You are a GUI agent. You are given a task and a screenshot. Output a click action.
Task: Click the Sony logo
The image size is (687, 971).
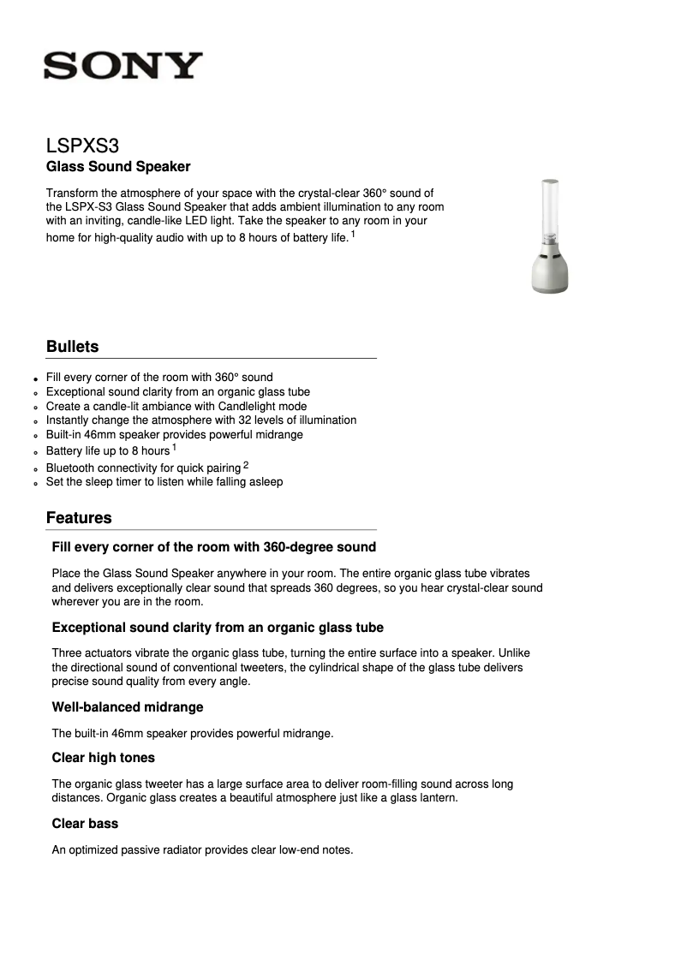point(123,66)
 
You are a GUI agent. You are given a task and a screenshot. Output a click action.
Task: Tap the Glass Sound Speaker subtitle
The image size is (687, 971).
point(118,166)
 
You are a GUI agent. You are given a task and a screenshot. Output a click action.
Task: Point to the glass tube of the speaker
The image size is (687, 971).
point(549,214)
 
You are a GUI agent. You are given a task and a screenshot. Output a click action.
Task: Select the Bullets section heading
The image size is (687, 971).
point(73,347)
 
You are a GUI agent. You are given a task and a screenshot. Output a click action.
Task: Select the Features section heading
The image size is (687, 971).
point(79,518)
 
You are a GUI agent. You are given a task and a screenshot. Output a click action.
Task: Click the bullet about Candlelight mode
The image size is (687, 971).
point(176,406)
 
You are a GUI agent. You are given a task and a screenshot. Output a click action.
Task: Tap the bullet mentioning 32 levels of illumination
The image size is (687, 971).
point(201,420)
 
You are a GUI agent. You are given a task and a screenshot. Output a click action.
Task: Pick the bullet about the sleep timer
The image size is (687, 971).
point(164,481)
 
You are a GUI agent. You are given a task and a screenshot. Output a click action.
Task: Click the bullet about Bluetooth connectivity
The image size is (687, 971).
point(143,468)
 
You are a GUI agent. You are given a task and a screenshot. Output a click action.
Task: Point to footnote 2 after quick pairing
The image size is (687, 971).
point(246,465)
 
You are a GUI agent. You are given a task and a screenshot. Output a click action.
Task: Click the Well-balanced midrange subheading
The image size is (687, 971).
point(128,707)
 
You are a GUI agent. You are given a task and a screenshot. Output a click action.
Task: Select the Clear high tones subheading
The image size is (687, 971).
point(104,758)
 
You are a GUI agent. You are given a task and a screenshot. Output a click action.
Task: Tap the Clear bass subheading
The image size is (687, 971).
point(85,824)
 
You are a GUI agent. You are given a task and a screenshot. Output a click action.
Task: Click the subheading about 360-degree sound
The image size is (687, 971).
point(214,547)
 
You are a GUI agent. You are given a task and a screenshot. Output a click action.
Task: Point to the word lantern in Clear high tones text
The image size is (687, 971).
point(438,797)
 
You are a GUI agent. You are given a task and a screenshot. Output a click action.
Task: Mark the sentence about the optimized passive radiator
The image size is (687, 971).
point(202,850)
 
